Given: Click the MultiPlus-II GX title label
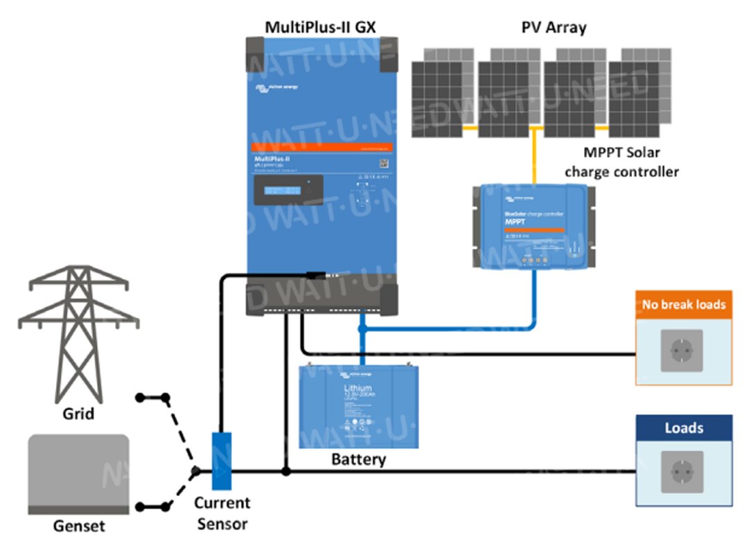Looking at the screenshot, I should click(321, 27).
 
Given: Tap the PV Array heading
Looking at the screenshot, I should click(554, 27).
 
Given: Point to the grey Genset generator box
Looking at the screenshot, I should click(78, 475).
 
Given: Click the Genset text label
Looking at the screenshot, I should click(79, 527).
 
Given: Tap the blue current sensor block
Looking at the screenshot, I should click(221, 461).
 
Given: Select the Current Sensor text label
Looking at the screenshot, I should click(222, 513).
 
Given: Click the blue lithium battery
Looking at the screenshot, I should click(358, 406).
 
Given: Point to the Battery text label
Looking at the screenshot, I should click(358, 459).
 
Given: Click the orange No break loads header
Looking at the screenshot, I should click(683, 304).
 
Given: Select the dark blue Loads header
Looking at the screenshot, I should click(684, 428).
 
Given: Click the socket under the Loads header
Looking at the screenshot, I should click(683, 473).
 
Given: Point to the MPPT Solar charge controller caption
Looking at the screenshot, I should click(621, 163).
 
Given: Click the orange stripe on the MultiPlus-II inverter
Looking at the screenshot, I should click(321, 148).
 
